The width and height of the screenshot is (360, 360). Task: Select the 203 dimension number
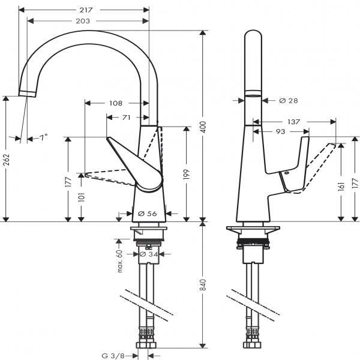point(83,21)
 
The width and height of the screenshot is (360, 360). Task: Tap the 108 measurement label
point(116,103)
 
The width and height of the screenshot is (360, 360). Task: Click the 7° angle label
point(43,137)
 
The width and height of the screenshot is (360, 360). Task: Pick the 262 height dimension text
point(7,160)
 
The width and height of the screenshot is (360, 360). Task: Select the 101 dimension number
point(82,197)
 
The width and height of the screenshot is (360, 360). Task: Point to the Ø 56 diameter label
point(147,212)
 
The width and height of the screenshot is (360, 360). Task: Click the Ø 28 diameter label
point(289,100)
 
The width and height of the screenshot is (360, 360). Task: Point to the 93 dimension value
point(279,131)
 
